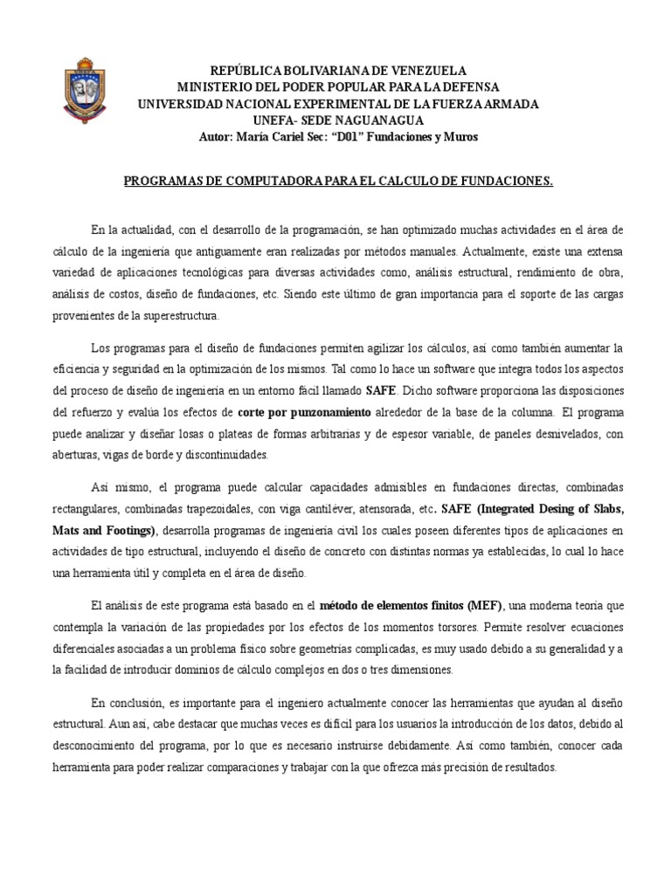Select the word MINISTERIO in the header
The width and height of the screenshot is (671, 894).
[x=218, y=87]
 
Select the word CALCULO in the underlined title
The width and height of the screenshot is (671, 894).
[x=408, y=182]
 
